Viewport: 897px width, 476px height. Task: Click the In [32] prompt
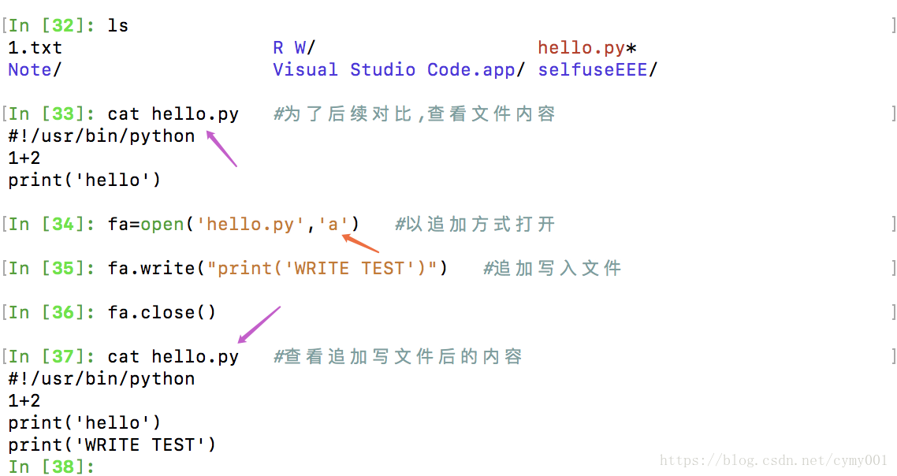pos(51,25)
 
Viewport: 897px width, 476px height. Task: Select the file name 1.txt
pos(35,48)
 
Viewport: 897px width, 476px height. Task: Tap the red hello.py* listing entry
pos(587,48)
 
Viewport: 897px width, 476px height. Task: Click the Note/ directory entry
pos(35,69)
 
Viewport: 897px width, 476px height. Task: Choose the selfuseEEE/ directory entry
pos(597,69)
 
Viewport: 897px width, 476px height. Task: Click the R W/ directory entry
pos(294,48)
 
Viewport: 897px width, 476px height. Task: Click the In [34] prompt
pos(51,225)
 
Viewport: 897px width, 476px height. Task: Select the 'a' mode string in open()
pos(333,225)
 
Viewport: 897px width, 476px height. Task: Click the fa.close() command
pos(162,313)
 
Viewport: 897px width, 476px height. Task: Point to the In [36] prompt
pos(51,313)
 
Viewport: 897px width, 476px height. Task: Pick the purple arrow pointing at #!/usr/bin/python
pos(221,149)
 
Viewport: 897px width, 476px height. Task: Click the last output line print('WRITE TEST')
pos(112,444)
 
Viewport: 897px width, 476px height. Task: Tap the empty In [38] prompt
pos(51,467)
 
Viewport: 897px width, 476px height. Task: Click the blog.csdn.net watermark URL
pos(773,460)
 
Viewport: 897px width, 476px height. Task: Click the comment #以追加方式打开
pos(475,225)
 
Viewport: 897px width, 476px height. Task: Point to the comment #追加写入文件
pos(552,269)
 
